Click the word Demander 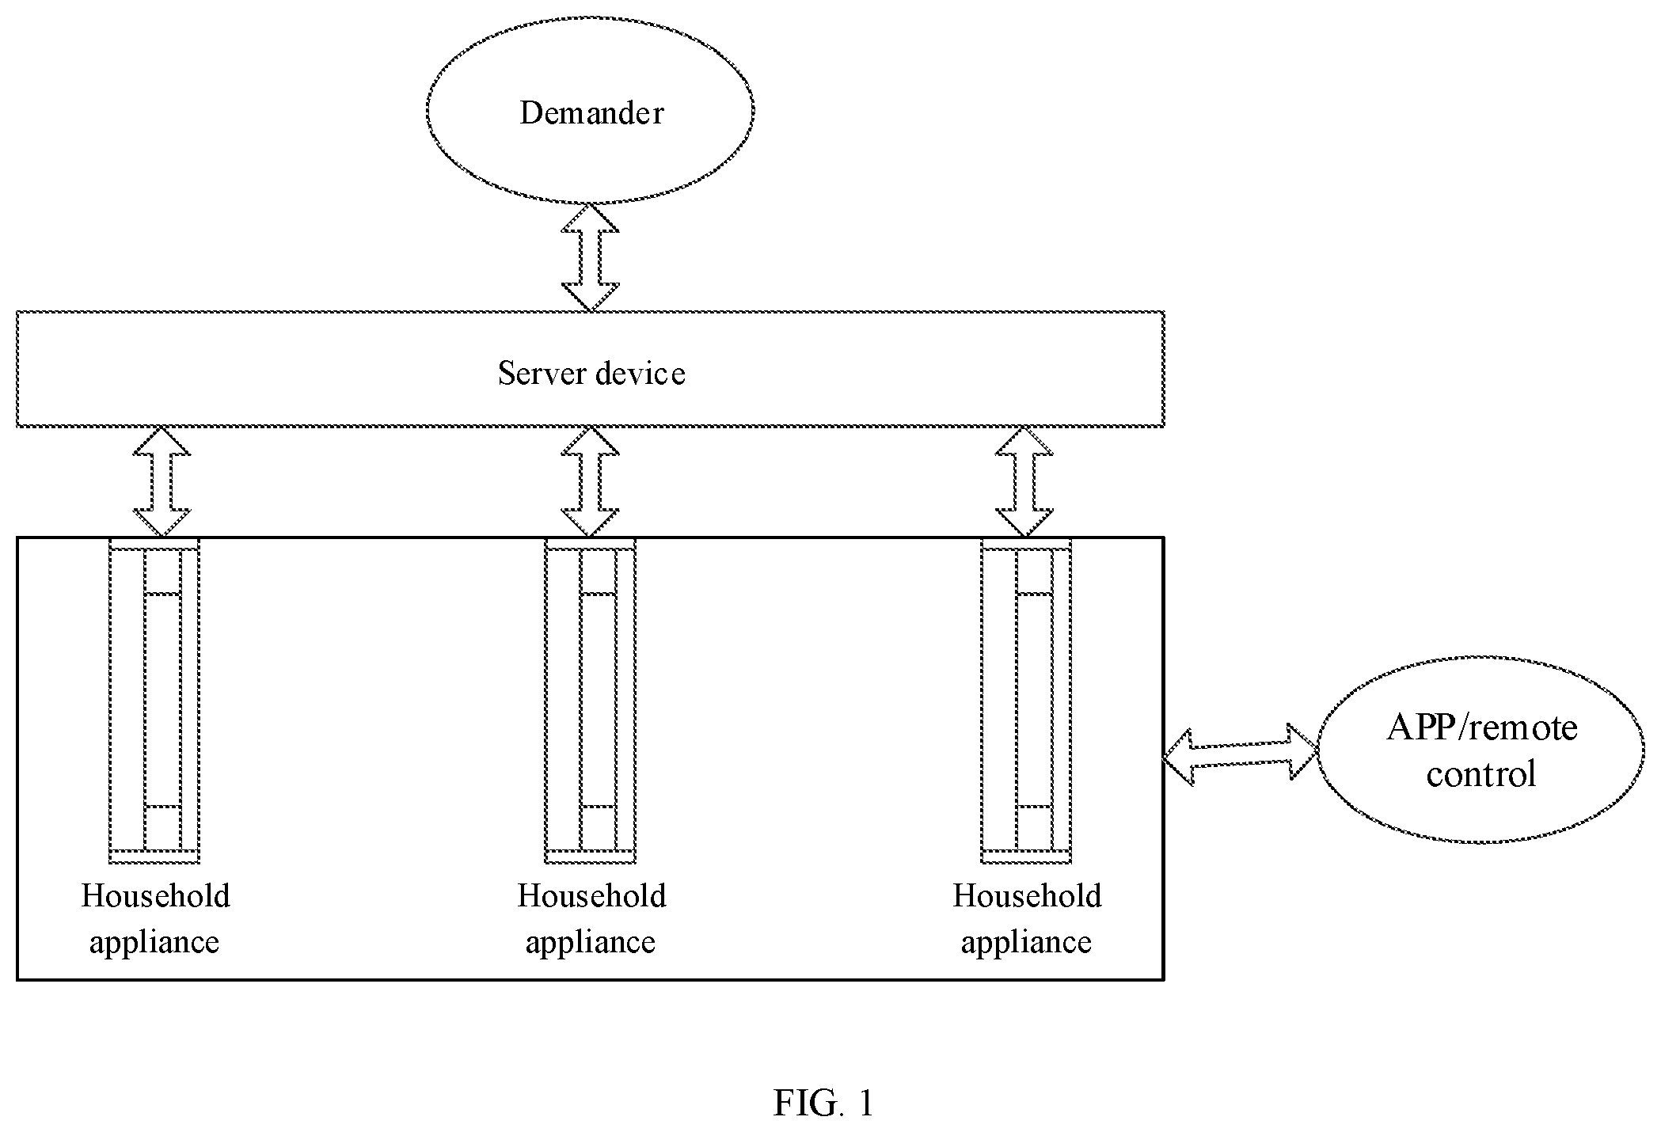pyautogui.click(x=591, y=113)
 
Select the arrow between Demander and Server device pyautogui.click(x=590, y=257)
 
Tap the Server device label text pyautogui.click(x=591, y=373)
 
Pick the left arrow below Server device pyautogui.click(x=162, y=482)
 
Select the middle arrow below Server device pyautogui.click(x=590, y=482)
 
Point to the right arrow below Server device pyautogui.click(x=1024, y=482)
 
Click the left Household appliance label pyautogui.click(x=155, y=919)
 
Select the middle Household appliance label pyautogui.click(x=591, y=919)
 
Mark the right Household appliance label pyautogui.click(x=1027, y=919)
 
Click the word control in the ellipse pyautogui.click(x=1481, y=773)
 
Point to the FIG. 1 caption pyautogui.click(x=823, y=1103)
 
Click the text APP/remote pyautogui.click(x=1482, y=727)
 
